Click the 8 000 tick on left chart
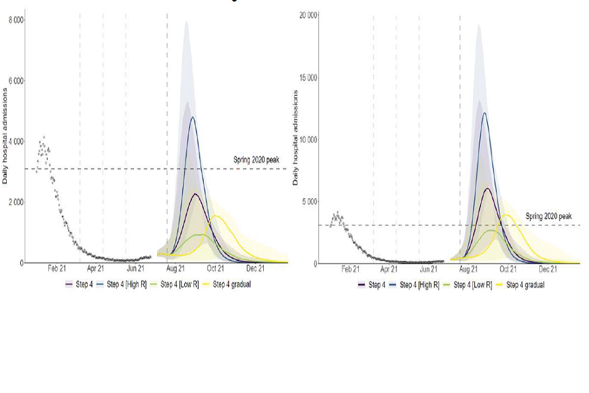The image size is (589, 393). coord(16,20)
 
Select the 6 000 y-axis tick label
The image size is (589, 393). coord(16,80)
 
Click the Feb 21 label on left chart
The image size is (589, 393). coord(57,268)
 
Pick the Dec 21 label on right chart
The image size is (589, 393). coord(548,269)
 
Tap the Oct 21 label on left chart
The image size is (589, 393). coord(215,268)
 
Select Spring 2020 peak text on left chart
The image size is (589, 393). coord(256,160)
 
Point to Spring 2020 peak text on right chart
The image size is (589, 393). coord(549,216)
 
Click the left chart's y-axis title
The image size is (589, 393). coord(6,136)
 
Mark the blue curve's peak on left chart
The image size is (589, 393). coord(193,117)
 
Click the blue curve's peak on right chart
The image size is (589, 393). coord(485,113)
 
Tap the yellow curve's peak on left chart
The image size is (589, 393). coord(217,216)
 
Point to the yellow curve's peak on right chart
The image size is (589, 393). coord(507,214)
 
